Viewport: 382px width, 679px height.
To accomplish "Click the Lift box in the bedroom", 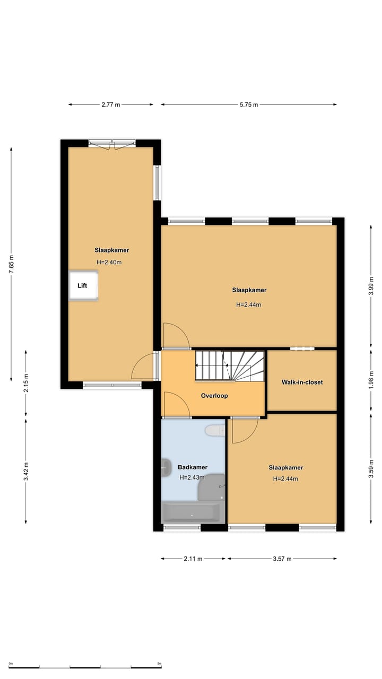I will [x=83, y=286].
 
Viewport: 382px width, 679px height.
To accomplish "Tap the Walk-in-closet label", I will [x=302, y=382].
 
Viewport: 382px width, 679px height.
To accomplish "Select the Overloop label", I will [x=214, y=396].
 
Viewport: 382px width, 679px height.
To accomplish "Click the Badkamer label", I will [x=192, y=467].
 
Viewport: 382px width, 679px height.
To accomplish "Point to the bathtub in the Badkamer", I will [x=190, y=513].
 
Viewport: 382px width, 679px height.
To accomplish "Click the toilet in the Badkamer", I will [x=215, y=430].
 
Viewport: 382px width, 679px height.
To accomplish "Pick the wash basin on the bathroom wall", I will [x=166, y=468].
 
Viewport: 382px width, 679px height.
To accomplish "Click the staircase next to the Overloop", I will [x=230, y=365].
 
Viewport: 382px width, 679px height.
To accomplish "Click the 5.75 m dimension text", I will [x=248, y=105].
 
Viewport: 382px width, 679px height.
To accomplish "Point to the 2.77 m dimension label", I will [x=111, y=105].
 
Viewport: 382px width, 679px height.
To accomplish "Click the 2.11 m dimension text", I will [x=193, y=558].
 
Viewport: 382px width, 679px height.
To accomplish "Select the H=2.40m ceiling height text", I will [x=109, y=262].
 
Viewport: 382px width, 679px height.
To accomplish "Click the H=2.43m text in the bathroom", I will [x=192, y=477].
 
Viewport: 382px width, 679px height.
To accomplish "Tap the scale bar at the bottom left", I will [x=85, y=667].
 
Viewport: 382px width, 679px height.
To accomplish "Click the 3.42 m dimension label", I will [x=26, y=471].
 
